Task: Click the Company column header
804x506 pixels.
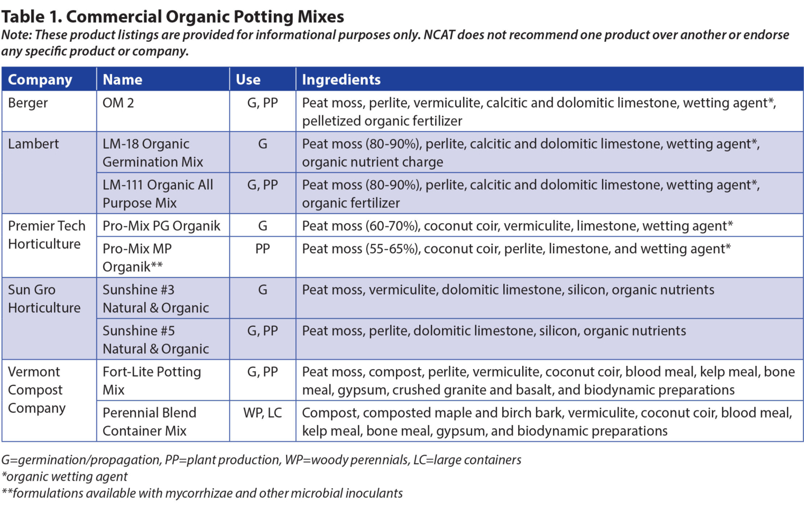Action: coord(40,79)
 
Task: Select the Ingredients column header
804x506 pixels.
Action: coord(341,79)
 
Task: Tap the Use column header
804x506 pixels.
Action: coord(248,79)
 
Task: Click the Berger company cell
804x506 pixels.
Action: coord(28,103)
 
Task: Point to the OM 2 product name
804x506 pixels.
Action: coord(118,103)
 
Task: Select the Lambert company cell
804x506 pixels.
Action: coord(33,144)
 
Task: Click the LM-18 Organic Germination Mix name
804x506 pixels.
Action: coord(153,153)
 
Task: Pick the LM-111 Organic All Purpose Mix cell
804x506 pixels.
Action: coord(158,194)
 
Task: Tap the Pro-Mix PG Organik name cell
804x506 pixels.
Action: coord(161,226)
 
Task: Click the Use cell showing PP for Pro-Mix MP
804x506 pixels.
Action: coord(263,249)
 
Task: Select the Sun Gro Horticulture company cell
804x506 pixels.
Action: coord(44,299)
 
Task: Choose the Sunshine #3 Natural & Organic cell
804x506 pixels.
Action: coord(155,299)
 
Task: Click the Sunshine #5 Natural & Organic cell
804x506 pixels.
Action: coord(155,340)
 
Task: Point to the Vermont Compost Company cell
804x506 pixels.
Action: coord(36,390)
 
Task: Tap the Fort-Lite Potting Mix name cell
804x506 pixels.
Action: coord(152,380)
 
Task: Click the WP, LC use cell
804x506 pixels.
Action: coord(263,413)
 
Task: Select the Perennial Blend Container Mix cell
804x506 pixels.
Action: coord(149,422)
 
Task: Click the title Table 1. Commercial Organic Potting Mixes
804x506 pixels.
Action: coord(173,17)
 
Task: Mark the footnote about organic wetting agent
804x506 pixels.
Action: coord(65,476)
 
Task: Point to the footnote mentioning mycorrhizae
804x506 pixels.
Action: coord(202,493)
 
